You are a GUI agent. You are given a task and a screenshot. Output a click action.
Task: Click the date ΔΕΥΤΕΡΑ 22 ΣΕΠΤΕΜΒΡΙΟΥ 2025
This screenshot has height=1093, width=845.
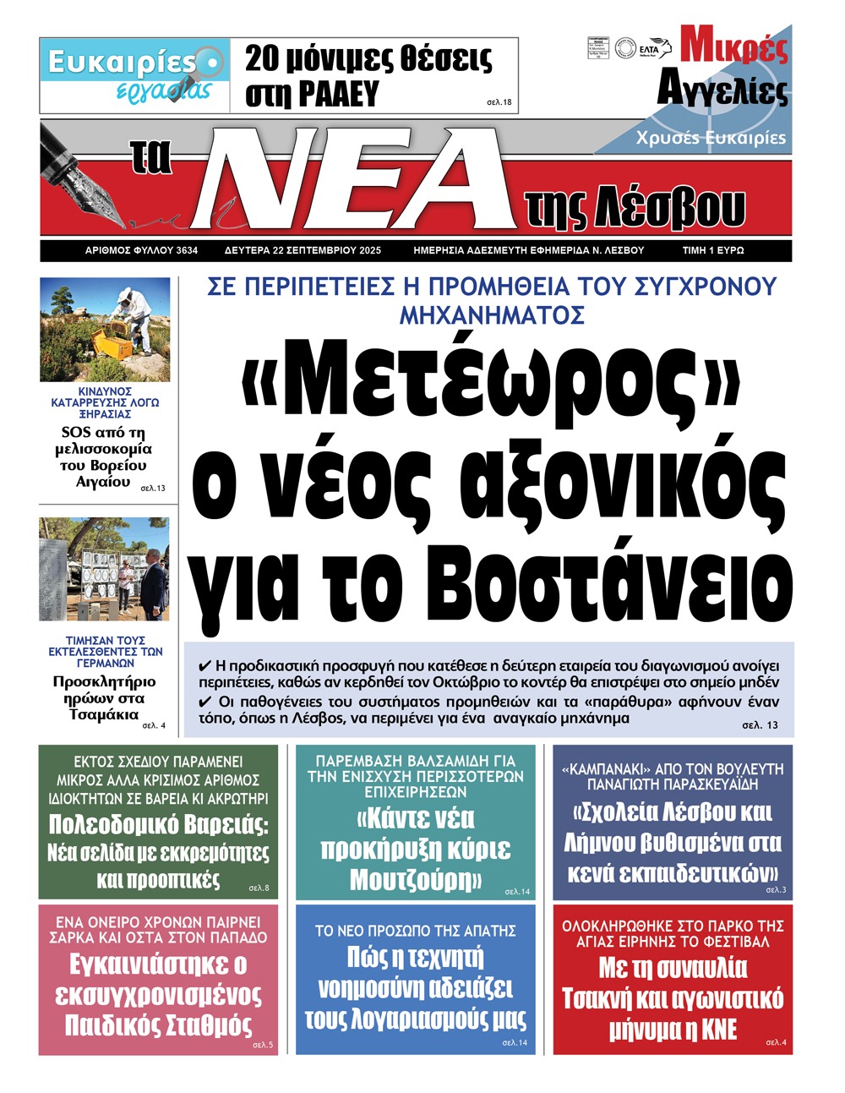(x=303, y=251)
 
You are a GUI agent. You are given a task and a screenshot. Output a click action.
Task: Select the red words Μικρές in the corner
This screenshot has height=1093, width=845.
(x=733, y=47)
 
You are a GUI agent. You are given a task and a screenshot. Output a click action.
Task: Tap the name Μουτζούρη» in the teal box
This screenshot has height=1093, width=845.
(x=416, y=880)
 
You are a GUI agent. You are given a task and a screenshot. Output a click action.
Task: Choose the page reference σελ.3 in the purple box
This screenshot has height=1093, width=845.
(x=775, y=889)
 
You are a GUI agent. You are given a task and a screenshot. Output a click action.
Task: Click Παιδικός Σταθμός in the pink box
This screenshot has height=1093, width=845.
(x=158, y=1025)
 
